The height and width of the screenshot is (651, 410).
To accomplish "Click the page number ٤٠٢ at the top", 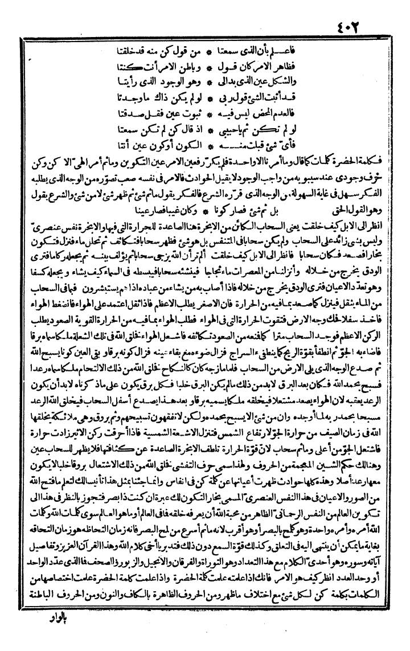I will pyautogui.click(x=372, y=12).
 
